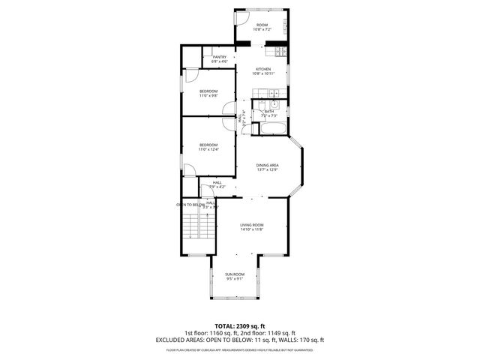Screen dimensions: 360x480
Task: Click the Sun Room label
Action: coord(234,274)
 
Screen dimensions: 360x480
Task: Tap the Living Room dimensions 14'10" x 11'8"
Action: coord(252,229)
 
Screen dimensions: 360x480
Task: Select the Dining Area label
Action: coord(268,165)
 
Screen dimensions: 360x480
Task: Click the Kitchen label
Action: coord(262,69)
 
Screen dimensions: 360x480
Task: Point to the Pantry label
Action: coord(220,57)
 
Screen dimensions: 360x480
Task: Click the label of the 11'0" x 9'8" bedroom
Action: coord(208,91)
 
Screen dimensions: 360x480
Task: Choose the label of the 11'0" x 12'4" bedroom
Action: coord(208,145)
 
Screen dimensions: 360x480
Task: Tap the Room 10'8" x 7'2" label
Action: coord(262,25)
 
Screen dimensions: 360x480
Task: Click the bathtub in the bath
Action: coord(271,129)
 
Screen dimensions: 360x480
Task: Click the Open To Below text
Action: coord(190,204)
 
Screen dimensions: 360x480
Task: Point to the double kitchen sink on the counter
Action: coord(276,94)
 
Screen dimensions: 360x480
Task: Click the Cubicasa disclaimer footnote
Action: coord(239,349)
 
